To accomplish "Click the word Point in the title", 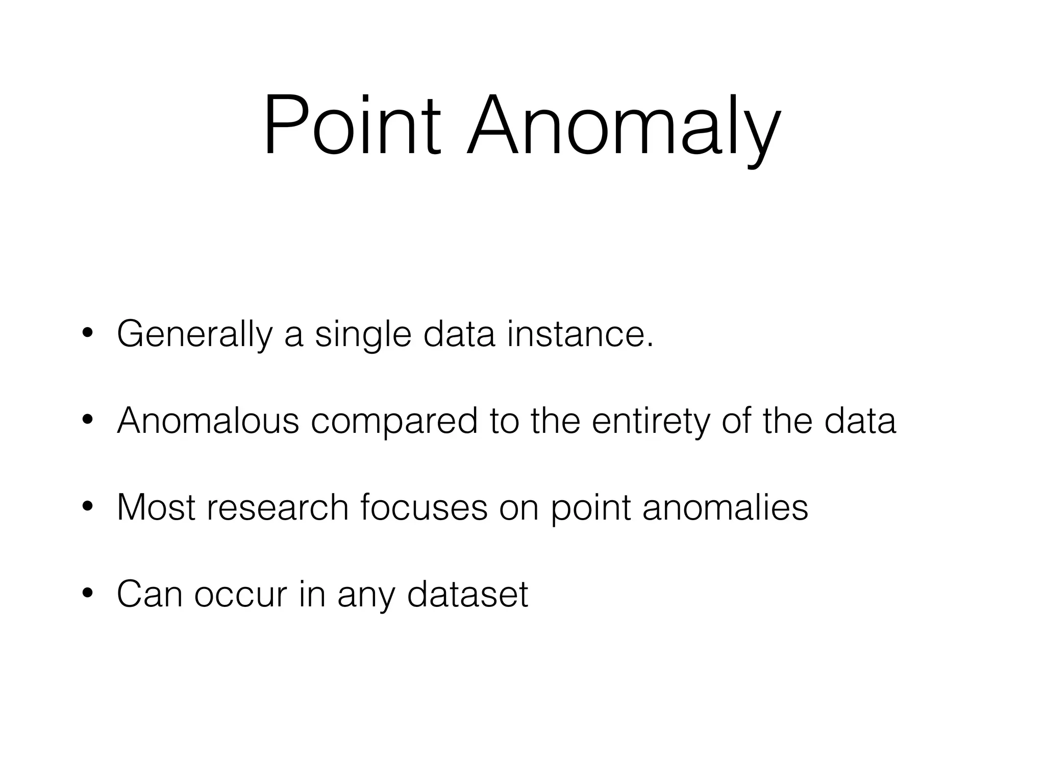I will (x=352, y=125).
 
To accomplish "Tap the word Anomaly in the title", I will (x=623, y=128).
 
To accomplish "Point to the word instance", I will (x=580, y=334).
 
